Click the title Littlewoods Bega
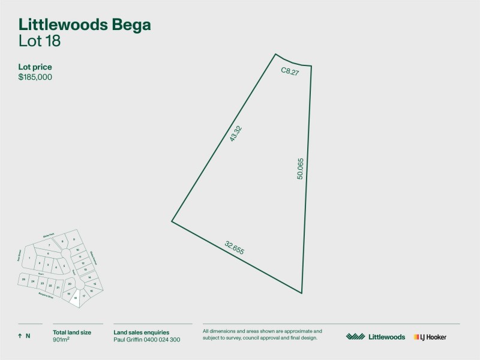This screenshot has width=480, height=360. click(x=85, y=25)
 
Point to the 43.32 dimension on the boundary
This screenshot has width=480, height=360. click(x=235, y=134)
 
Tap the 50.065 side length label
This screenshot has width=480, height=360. click(x=301, y=170)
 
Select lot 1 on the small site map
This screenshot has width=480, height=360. click(x=29, y=258)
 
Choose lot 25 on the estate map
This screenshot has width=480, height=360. click(x=23, y=280)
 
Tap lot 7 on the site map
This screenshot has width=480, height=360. click(x=49, y=246)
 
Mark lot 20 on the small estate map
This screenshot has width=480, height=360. click(x=70, y=284)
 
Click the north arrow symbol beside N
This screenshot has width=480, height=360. click(x=20, y=336)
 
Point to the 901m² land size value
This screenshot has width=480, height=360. click(x=62, y=340)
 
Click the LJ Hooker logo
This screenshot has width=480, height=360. click(x=430, y=337)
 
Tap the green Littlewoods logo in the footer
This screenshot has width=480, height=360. click(x=376, y=337)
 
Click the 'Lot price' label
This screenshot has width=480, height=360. click(x=35, y=67)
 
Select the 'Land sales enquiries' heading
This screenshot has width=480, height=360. click(x=141, y=332)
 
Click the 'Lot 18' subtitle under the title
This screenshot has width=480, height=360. click(x=40, y=41)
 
